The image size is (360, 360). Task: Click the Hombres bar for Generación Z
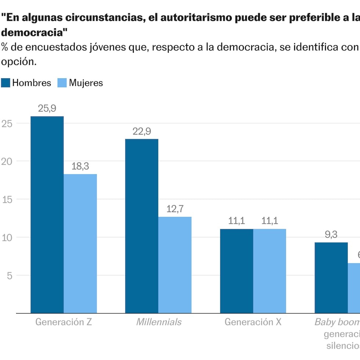[47, 215]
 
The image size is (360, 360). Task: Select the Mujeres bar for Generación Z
[80, 244]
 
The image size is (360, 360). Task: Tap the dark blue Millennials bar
[142, 226]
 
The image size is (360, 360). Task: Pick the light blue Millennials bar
[175, 265]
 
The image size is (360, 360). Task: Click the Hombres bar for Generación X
[237, 271]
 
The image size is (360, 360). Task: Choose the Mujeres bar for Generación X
[270, 271]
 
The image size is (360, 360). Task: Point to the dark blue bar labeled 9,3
[331, 278]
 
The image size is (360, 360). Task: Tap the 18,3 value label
[80, 166]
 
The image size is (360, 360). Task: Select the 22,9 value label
[142, 131]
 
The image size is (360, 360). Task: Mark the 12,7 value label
[175, 209]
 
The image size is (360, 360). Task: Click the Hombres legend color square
[6, 83]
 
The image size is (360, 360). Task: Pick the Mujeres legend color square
[62, 83]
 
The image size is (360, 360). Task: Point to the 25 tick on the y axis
[7, 123]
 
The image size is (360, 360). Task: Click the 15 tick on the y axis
[7, 199]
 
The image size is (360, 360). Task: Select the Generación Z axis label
[64, 322]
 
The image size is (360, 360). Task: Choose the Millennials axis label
[159, 322]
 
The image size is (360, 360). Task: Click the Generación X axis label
[253, 322]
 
